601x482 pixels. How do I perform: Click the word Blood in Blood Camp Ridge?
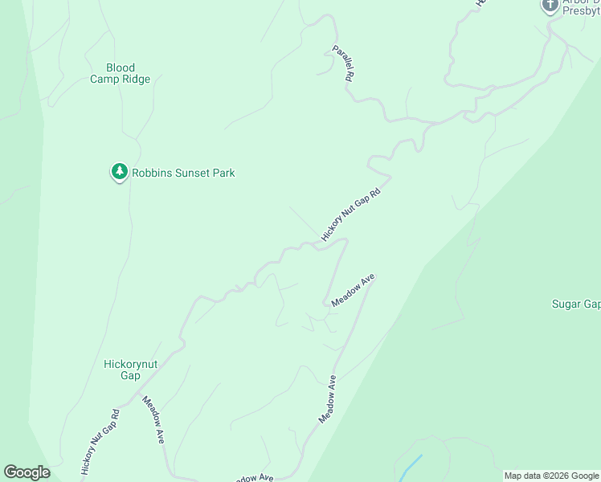click(121, 68)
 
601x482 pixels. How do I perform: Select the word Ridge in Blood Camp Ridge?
click(135, 80)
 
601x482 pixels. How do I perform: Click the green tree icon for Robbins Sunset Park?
click(119, 172)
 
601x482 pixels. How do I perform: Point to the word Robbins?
click(153, 173)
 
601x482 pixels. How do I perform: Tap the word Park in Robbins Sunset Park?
click(223, 173)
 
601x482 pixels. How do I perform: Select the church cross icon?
click(550, 5)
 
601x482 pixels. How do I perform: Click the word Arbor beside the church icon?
click(576, 2)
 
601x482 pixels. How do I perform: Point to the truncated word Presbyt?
click(582, 13)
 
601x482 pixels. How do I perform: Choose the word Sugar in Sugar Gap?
click(566, 304)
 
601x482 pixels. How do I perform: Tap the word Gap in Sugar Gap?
click(592, 304)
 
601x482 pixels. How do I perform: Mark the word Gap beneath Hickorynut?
click(131, 375)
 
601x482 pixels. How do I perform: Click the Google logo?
click(27, 472)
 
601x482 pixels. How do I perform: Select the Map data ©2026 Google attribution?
click(550, 476)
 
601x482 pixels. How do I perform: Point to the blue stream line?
click(409, 467)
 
